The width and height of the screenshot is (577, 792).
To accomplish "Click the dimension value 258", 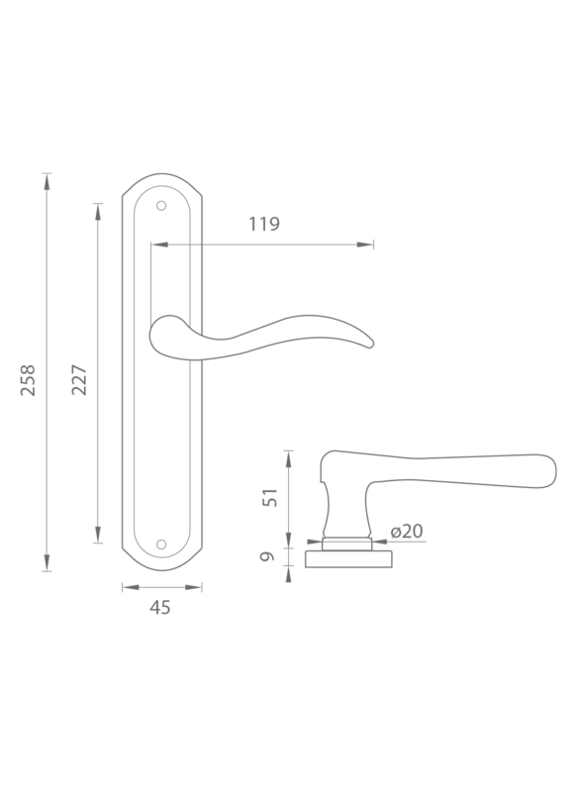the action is pyautogui.click(x=28, y=380).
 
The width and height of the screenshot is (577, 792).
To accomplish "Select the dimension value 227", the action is pyautogui.click(x=79, y=379).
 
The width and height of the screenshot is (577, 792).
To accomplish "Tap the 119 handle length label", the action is pyautogui.click(x=264, y=224).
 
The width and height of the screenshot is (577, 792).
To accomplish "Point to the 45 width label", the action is pyautogui.click(x=160, y=607).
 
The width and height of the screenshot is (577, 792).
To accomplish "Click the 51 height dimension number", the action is pyautogui.click(x=270, y=498).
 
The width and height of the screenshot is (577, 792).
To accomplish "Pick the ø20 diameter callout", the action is pyautogui.click(x=407, y=531).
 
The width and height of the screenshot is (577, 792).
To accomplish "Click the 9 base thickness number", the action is pyautogui.click(x=267, y=556).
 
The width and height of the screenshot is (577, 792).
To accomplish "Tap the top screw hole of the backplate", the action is pyautogui.click(x=161, y=206).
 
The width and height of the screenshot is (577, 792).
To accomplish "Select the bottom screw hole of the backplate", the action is pyautogui.click(x=161, y=544).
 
